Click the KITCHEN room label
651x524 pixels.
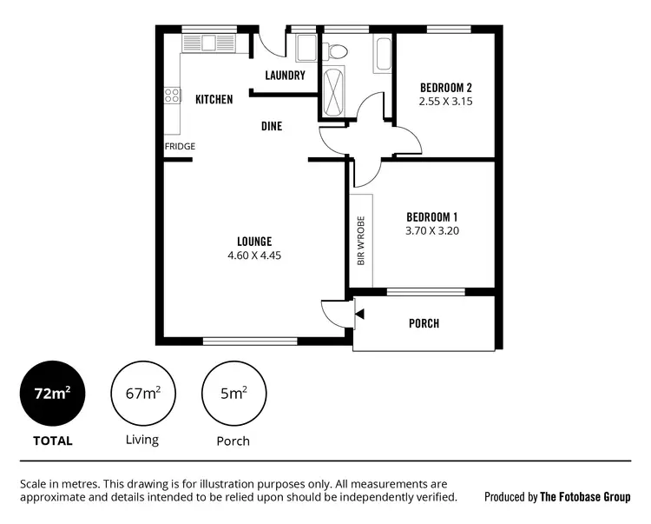click(214, 100)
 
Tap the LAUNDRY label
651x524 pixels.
click(285, 76)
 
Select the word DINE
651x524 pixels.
click(272, 127)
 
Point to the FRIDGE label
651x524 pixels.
click(180, 147)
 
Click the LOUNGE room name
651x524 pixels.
click(254, 242)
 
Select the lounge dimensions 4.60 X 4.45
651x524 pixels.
click(254, 256)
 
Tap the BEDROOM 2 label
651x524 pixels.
click(445, 87)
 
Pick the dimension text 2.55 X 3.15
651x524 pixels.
click(445, 102)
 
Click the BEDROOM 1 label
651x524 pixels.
click(431, 217)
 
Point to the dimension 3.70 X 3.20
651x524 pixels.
click(431, 232)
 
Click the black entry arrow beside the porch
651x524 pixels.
click(358, 313)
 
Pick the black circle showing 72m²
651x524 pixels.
click(52, 394)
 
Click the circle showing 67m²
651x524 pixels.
click(142, 394)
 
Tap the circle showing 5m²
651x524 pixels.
click(232, 394)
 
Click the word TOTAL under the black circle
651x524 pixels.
click(52, 441)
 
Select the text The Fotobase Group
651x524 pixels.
click(585, 497)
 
